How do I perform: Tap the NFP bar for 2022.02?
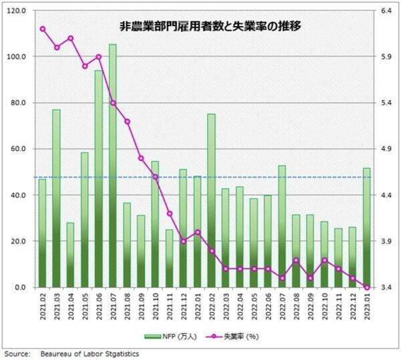click(x=211, y=200)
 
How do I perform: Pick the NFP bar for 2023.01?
click(x=366, y=227)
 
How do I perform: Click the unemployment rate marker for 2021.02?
click(x=42, y=29)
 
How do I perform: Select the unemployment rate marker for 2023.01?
click(x=366, y=287)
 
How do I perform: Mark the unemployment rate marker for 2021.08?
click(x=127, y=121)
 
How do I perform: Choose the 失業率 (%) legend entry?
click(x=231, y=336)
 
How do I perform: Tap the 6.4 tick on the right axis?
click(x=386, y=11)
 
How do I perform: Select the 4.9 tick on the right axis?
click(x=386, y=149)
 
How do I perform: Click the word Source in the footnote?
click(x=16, y=353)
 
